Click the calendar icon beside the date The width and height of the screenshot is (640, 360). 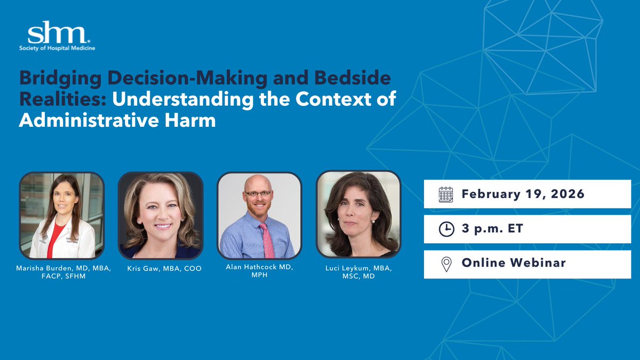pyautogui.click(x=445, y=194)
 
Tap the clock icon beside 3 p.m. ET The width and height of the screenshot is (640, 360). pyautogui.click(x=445, y=228)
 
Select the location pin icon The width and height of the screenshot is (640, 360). pyautogui.click(x=445, y=263)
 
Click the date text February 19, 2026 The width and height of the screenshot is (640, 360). pyautogui.click(x=523, y=194)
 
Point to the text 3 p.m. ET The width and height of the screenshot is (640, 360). pyautogui.click(x=492, y=228)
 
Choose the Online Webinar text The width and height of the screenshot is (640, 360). pyautogui.click(x=514, y=263)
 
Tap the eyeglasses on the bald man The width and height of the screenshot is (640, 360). pyautogui.click(x=258, y=193)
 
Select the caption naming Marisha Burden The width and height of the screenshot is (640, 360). pyautogui.click(x=62, y=272)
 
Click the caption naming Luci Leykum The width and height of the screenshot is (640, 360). pyautogui.click(x=358, y=272)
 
